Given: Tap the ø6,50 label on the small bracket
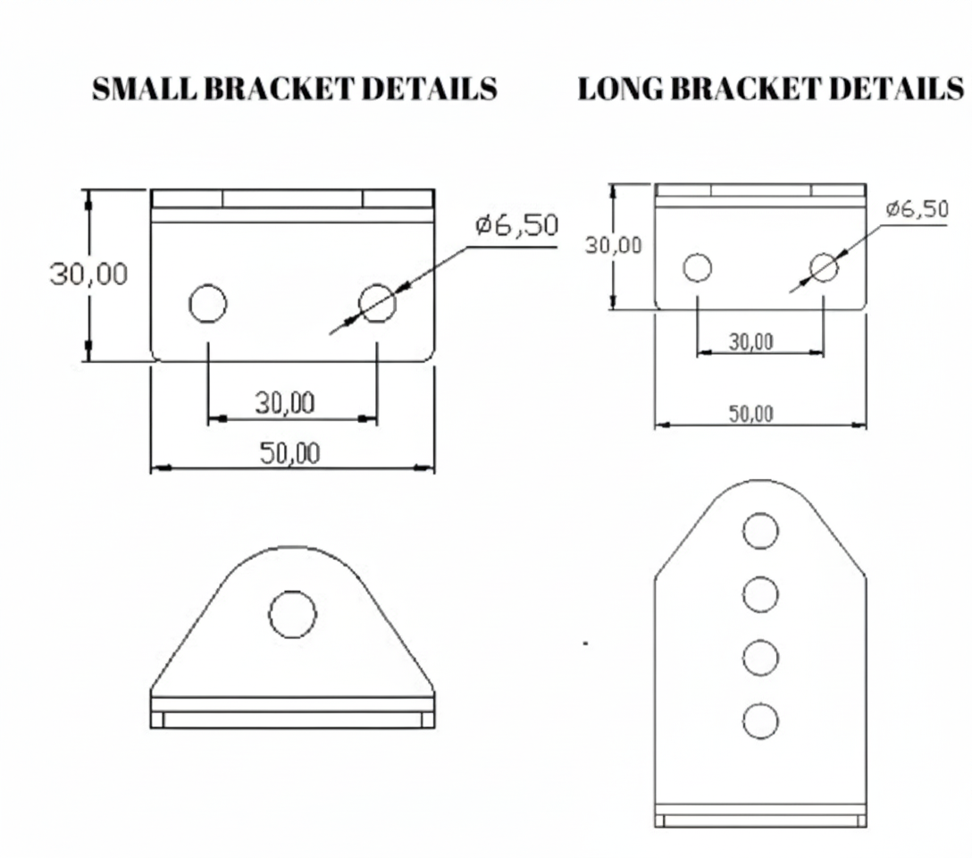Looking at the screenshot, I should click(x=516, y=225).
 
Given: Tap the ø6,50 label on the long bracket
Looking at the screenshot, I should click(x=917, y=209).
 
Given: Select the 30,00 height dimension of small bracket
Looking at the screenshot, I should click(x=88, y=274).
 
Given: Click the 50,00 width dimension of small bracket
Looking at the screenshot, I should click(x=289, y=453).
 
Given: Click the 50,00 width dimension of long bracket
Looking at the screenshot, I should click(x=750, y=414).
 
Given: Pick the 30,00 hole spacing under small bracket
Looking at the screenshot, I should click(x=285, y=404).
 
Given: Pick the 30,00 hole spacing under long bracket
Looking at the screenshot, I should click(x=750, y=341).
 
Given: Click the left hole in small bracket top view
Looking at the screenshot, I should click(x=207, y=304).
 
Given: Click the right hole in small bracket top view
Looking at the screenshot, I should click(x=377, y=303).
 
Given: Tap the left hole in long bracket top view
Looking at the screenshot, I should click(x=697, y=267).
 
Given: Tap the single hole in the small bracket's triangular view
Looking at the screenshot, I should click(x=292, y=615).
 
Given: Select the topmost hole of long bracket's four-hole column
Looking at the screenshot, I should click(x=760, y=531).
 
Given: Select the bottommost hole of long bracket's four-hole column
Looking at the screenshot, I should click(x=760, y=721).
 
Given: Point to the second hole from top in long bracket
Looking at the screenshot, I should click(x=760, y=594).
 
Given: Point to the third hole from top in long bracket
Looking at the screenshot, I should click(x=760, y=658).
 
